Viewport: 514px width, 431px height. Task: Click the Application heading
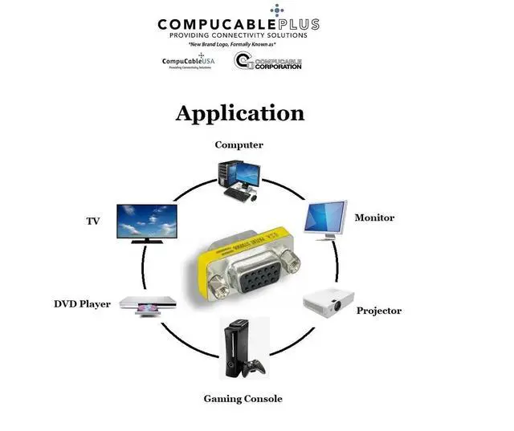(239, 113)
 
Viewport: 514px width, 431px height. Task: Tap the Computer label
(239, 145)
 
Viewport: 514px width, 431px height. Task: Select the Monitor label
(374, 218)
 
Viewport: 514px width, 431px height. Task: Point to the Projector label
(378, 311)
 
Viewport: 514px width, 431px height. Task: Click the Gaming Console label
(243, 399)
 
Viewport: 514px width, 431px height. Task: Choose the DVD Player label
(82, 304)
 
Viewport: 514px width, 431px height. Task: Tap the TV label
(92, 221)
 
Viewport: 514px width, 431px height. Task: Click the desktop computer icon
(239, 179)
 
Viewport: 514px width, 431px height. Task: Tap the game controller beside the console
(255, 367)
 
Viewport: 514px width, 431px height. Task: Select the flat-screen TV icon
(147, 222)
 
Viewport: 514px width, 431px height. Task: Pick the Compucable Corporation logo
(268, 62)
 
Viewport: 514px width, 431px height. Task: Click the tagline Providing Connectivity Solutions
(238, 35)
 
